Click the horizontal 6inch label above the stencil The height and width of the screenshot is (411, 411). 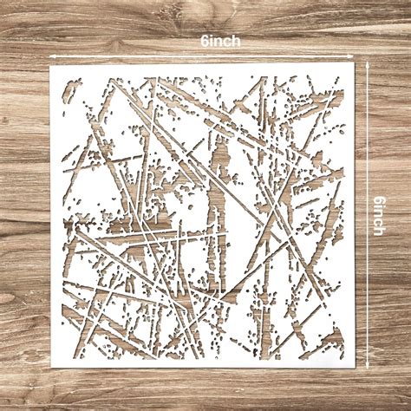pos(219,41)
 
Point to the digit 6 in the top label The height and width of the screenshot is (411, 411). pos(202,41)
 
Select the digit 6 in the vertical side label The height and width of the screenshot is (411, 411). pos(381,197)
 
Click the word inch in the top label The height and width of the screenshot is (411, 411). pos(225,41)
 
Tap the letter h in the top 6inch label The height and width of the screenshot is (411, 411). pos(237,41)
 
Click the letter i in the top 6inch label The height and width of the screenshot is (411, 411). pos(210,41)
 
